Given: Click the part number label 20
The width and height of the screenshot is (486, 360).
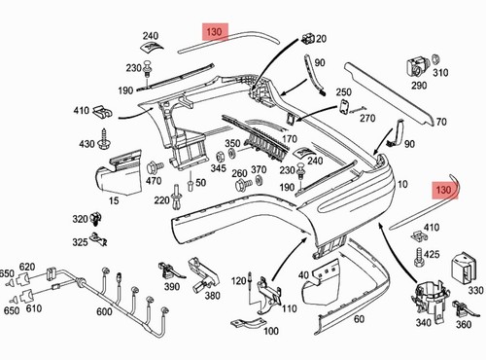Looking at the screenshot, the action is [x=321, y=39].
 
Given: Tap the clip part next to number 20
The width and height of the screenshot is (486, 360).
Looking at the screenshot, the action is [x=308, y=39].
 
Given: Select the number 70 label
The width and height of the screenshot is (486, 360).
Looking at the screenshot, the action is [x=441, y=122].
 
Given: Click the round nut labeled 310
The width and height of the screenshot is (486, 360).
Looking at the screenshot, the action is [x=435, y=59].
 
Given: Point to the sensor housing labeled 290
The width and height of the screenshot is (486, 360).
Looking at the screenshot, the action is [x=417, y=66].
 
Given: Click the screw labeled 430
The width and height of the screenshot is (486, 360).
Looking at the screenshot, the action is [x=103, y=140].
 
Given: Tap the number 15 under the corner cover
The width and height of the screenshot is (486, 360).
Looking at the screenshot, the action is [x=114, y=200].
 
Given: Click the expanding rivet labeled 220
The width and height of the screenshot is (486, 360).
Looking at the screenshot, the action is [x=177, y=198].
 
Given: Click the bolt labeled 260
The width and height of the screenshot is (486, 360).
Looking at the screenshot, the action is [x=242, y=185].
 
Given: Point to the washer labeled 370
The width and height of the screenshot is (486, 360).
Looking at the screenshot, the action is [x=259, y=180].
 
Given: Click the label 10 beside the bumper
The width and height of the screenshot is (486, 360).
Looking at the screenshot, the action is [x=402, y=184].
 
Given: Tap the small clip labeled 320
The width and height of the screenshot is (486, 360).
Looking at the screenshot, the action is [x=96, y=219].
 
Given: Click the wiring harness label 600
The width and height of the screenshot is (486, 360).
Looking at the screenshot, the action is [x=104, y=311].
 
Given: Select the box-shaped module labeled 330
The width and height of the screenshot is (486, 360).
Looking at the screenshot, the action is [x=463, y=268].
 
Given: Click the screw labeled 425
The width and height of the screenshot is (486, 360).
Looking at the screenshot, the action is [x=418, y=257].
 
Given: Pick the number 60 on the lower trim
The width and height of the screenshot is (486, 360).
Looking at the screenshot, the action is [x=359, y=319].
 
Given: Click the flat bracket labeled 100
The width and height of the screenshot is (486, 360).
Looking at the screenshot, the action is [x=249, y=323].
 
